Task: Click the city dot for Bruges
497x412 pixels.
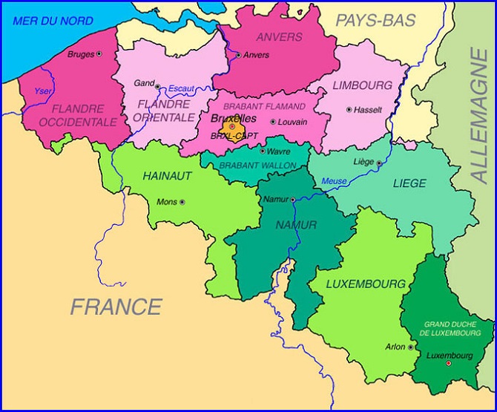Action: (x=99, y=54)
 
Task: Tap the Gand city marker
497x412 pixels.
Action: (x=157, y=86)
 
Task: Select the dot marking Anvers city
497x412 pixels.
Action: (x=238, y=55)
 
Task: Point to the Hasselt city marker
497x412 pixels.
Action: (x=349, y=109)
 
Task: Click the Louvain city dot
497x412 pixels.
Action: (x=273, y=122)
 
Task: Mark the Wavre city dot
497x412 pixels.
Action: (x=262, y=151)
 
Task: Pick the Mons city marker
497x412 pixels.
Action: (x=182, y=201)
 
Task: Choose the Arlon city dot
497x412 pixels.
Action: (x=410, y=347)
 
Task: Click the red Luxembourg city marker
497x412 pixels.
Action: (x=448, y=363)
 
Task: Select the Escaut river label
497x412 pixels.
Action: (x=181, y=89)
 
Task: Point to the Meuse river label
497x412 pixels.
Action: (x=334, y=181)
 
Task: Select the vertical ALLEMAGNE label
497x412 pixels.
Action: (x=478, y=115)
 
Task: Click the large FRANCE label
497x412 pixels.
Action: (x=116, y=306)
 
